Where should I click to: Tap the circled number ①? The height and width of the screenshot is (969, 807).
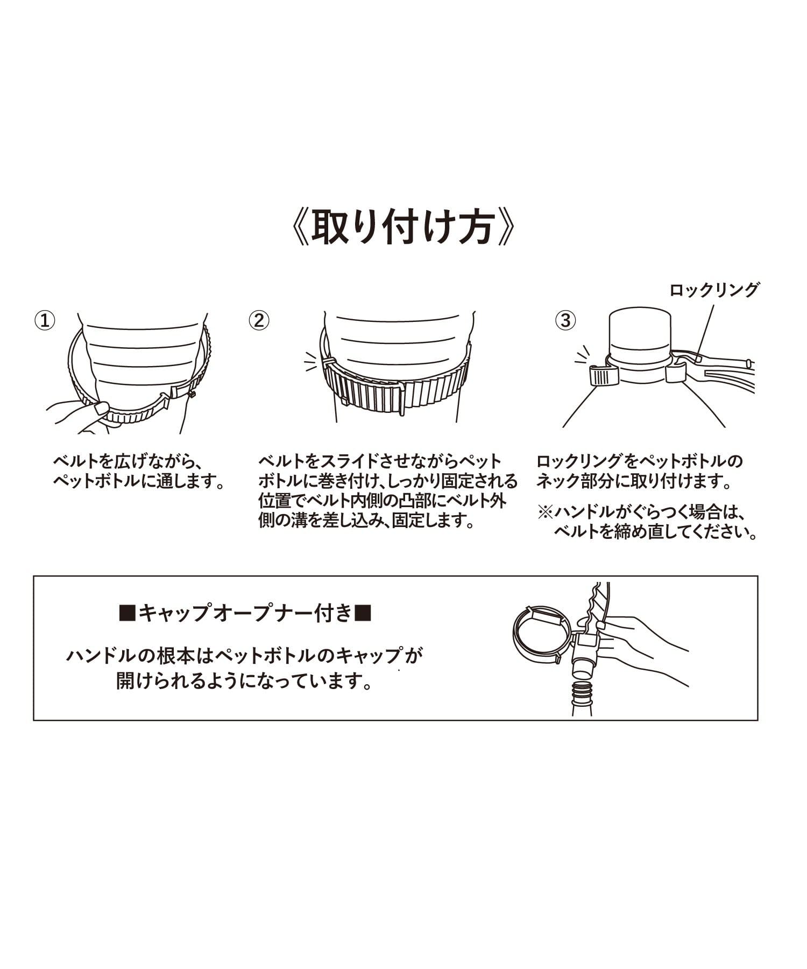45,321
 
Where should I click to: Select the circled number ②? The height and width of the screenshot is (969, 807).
259,321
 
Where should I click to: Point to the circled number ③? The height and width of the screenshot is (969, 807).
565,321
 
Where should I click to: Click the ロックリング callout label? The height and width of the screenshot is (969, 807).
714,290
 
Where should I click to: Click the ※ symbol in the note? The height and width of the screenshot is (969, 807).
546,512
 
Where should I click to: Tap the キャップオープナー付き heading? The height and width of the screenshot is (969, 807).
245,613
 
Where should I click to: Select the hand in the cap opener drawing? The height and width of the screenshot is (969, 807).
640,649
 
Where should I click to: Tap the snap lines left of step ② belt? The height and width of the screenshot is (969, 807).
310,362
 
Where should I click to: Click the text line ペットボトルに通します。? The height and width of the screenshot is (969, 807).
138,481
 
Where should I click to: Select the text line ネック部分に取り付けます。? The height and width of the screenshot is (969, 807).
634,481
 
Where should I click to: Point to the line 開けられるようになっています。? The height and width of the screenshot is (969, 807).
245,682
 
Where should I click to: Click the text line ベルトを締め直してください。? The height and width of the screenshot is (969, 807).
656,532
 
